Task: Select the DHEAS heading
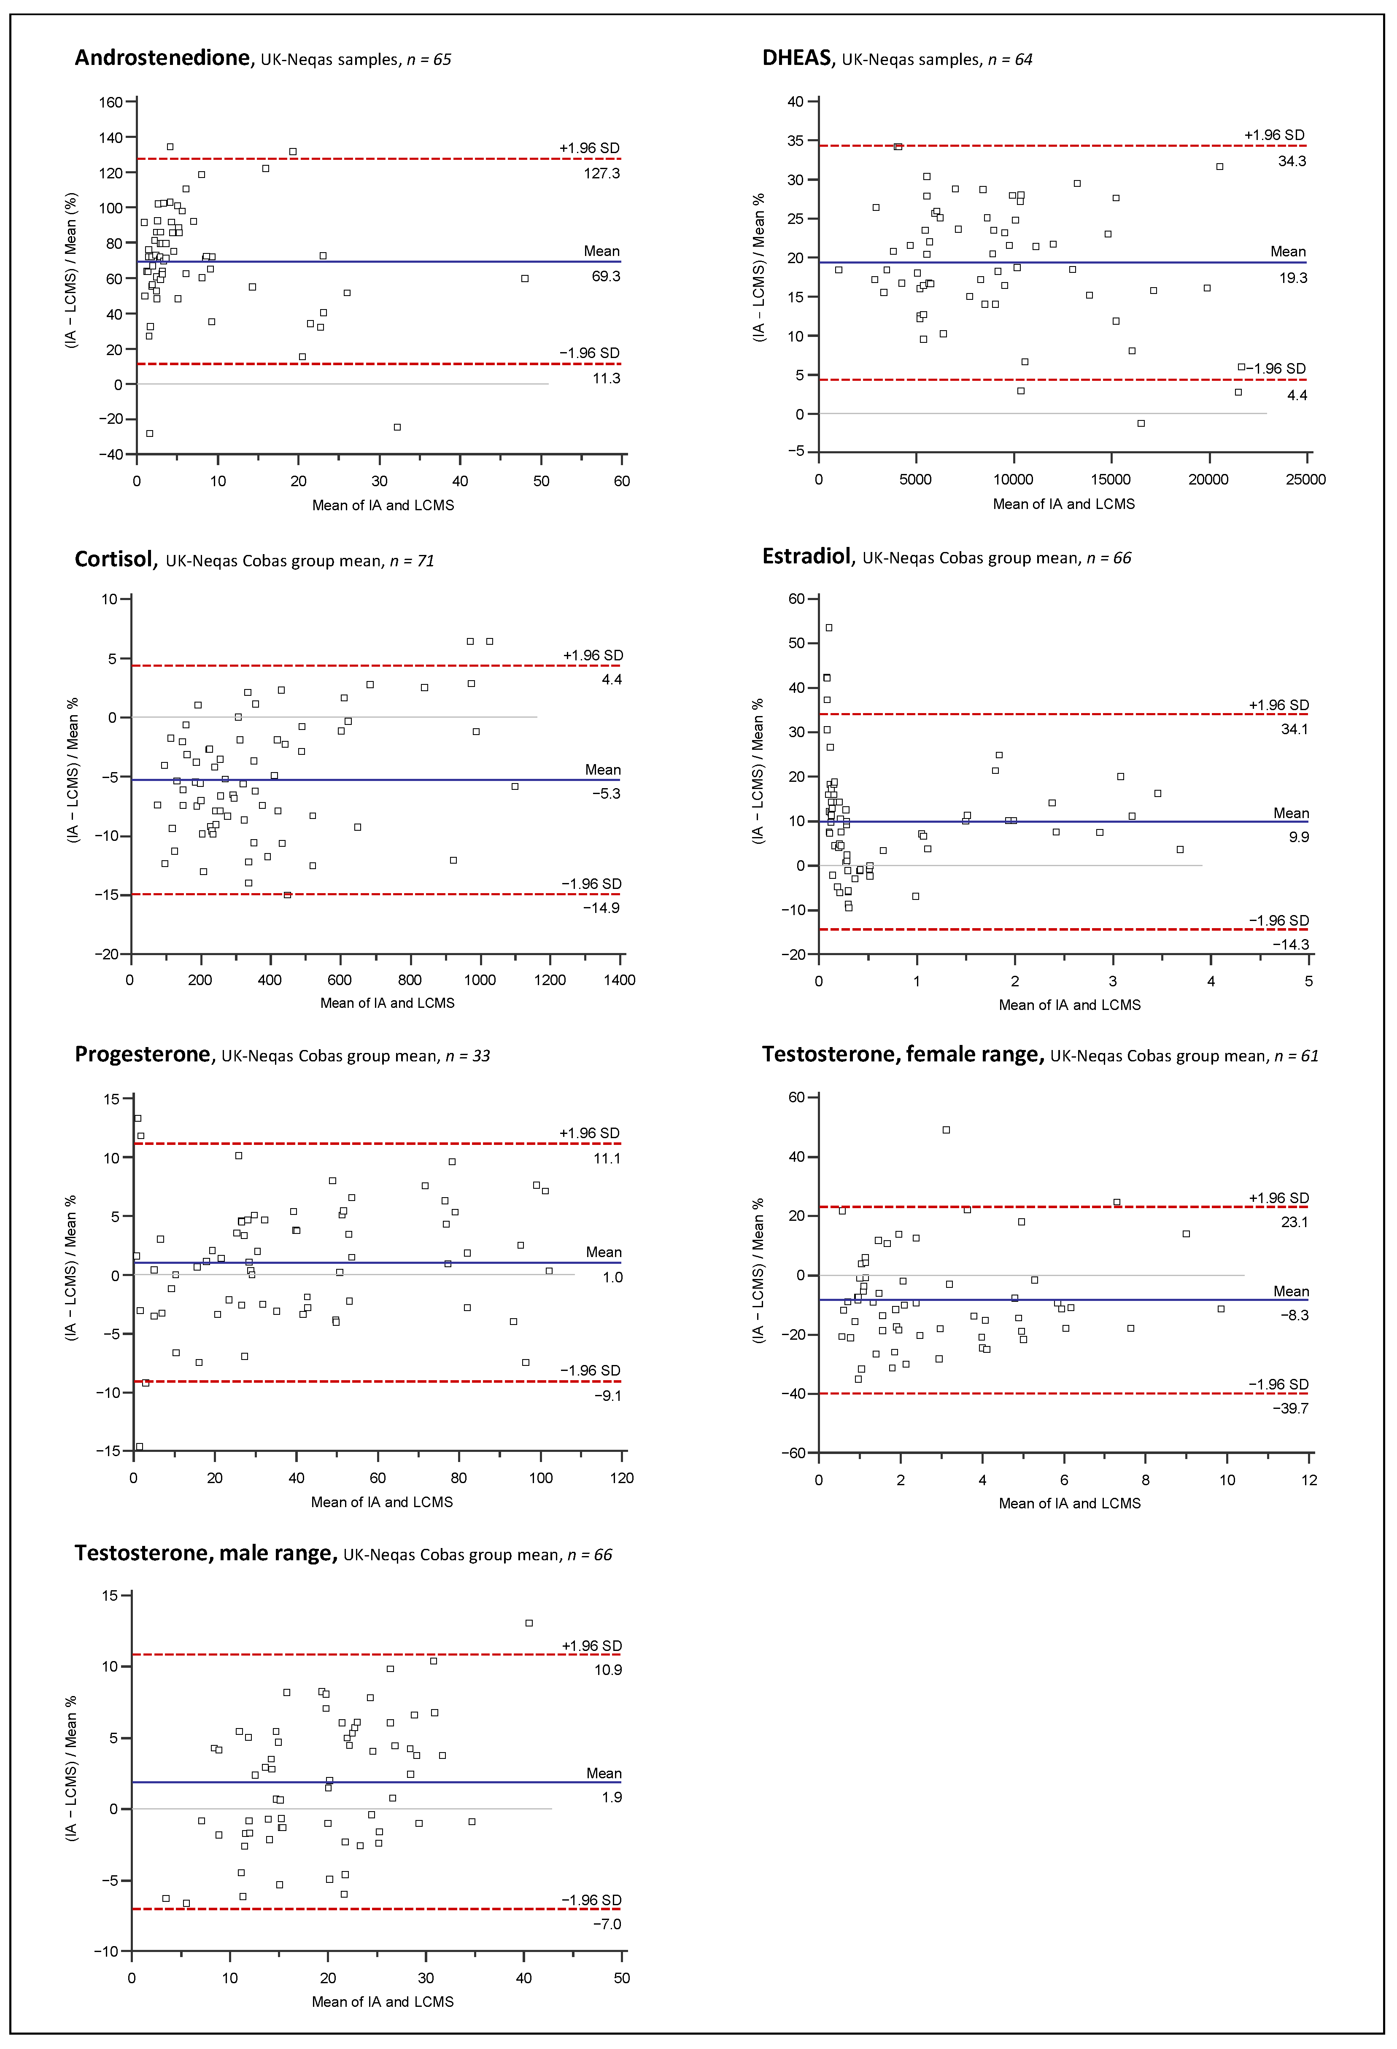click(x=796, y=58)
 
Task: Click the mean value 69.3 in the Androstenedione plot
click(x=606, y=276)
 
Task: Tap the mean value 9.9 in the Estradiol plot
click(x=1298, y=837)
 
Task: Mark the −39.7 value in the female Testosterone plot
click(x=1290, y=1408)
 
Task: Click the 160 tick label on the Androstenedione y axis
click(x=110, y=102)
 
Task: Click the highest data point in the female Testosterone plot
click(x=947, y=1129)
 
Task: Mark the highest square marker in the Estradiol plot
click(x=828, y=628)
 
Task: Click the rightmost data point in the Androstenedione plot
click(x=525, y=279)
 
